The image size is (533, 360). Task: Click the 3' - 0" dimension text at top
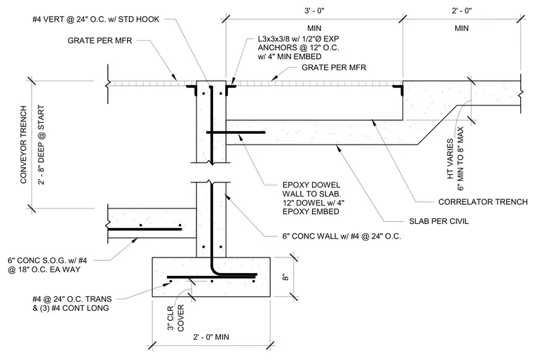[x=314, y=11]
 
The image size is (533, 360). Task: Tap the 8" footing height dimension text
[x=285, y=277]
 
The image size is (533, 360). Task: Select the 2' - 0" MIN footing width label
[x=211, y=338]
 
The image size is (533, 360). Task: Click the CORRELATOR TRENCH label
[x=483, y=202]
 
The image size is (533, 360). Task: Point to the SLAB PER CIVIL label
[x=439, y=221]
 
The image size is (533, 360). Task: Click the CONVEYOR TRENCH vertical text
[x=23, y=145]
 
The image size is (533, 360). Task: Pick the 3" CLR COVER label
[x=175, y=318]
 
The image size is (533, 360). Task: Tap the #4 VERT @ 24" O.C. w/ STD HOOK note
[x=96, y=19]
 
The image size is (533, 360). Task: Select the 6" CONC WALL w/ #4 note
[x=342, y=236]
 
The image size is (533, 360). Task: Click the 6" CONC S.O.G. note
[x=47, y=265]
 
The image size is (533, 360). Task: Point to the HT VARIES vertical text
[x=450, y=159]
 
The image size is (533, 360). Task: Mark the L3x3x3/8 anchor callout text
[x=298, y=48]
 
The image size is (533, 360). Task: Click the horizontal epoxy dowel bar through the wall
[x=236, y=133]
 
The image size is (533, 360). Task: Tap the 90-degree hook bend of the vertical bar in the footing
[x=215, y=270]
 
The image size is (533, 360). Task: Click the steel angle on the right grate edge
[x=398, y=90]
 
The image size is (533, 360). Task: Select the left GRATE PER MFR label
[x=100, y=41]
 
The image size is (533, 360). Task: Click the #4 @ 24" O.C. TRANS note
[x=72, y=304]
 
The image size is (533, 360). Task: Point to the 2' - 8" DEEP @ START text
[x=41, y=145]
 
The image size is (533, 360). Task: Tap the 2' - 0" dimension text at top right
[x=461, y=11]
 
